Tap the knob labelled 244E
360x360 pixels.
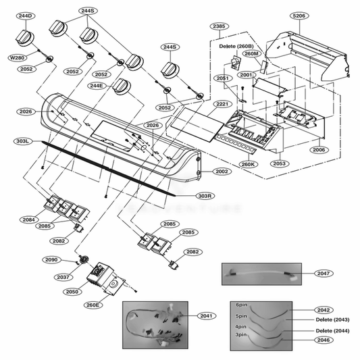coord(122,86)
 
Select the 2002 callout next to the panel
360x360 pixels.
coord(222,172)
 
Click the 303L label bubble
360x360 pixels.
coord(23,142)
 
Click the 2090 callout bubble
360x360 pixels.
coord(51,259)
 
